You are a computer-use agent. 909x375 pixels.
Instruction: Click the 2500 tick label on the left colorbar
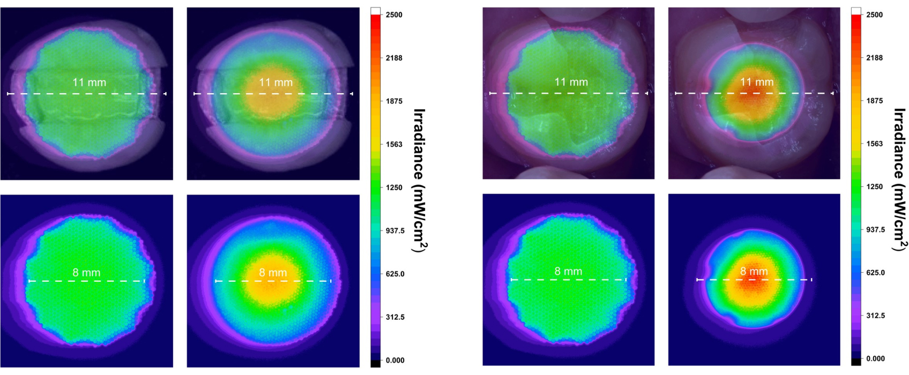394,15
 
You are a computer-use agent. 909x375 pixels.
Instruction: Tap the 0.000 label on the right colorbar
875,358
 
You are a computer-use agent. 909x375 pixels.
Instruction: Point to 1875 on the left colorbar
394,101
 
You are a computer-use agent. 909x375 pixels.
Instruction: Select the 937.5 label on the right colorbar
875,230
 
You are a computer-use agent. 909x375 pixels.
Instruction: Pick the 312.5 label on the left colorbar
394,317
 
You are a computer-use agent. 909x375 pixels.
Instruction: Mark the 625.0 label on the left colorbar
394,274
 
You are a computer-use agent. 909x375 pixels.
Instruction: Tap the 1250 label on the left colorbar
394,187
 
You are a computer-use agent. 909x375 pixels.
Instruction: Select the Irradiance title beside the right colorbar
900,179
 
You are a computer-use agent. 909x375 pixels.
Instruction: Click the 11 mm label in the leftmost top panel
90,82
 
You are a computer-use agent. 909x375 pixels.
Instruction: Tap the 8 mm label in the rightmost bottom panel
754,272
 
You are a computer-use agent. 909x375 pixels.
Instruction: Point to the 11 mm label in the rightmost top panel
757,82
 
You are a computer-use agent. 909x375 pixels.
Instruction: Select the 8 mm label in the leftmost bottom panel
86,273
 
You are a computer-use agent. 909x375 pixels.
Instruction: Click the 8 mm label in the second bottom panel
273,273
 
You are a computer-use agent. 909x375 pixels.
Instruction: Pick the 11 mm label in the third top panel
571,82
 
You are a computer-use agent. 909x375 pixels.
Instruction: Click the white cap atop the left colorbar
376,11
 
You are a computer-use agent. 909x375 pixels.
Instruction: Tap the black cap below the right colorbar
856,362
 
